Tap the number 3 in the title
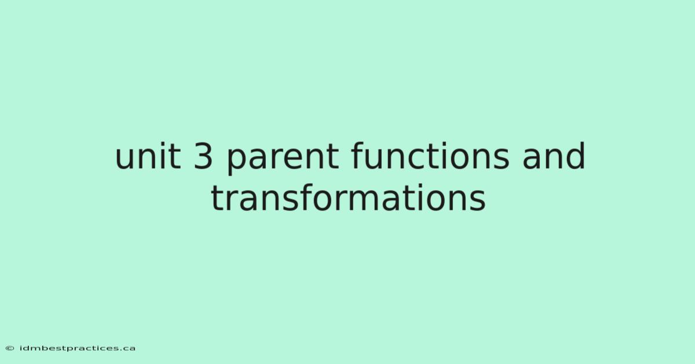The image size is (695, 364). coord(203,156)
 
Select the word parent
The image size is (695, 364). coord(283,158)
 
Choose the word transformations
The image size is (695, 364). coord(348,197)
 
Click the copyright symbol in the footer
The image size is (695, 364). coord(10,348)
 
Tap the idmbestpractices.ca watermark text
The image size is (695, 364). coord(77,348)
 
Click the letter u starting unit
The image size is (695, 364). coord(125,159)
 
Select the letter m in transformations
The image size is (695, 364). coord(368,201)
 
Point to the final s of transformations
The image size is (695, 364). coord(477,201)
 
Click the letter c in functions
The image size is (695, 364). coord(416,159)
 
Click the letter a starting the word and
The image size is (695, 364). coord(532,159)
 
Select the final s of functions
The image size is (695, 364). coord(501,159)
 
